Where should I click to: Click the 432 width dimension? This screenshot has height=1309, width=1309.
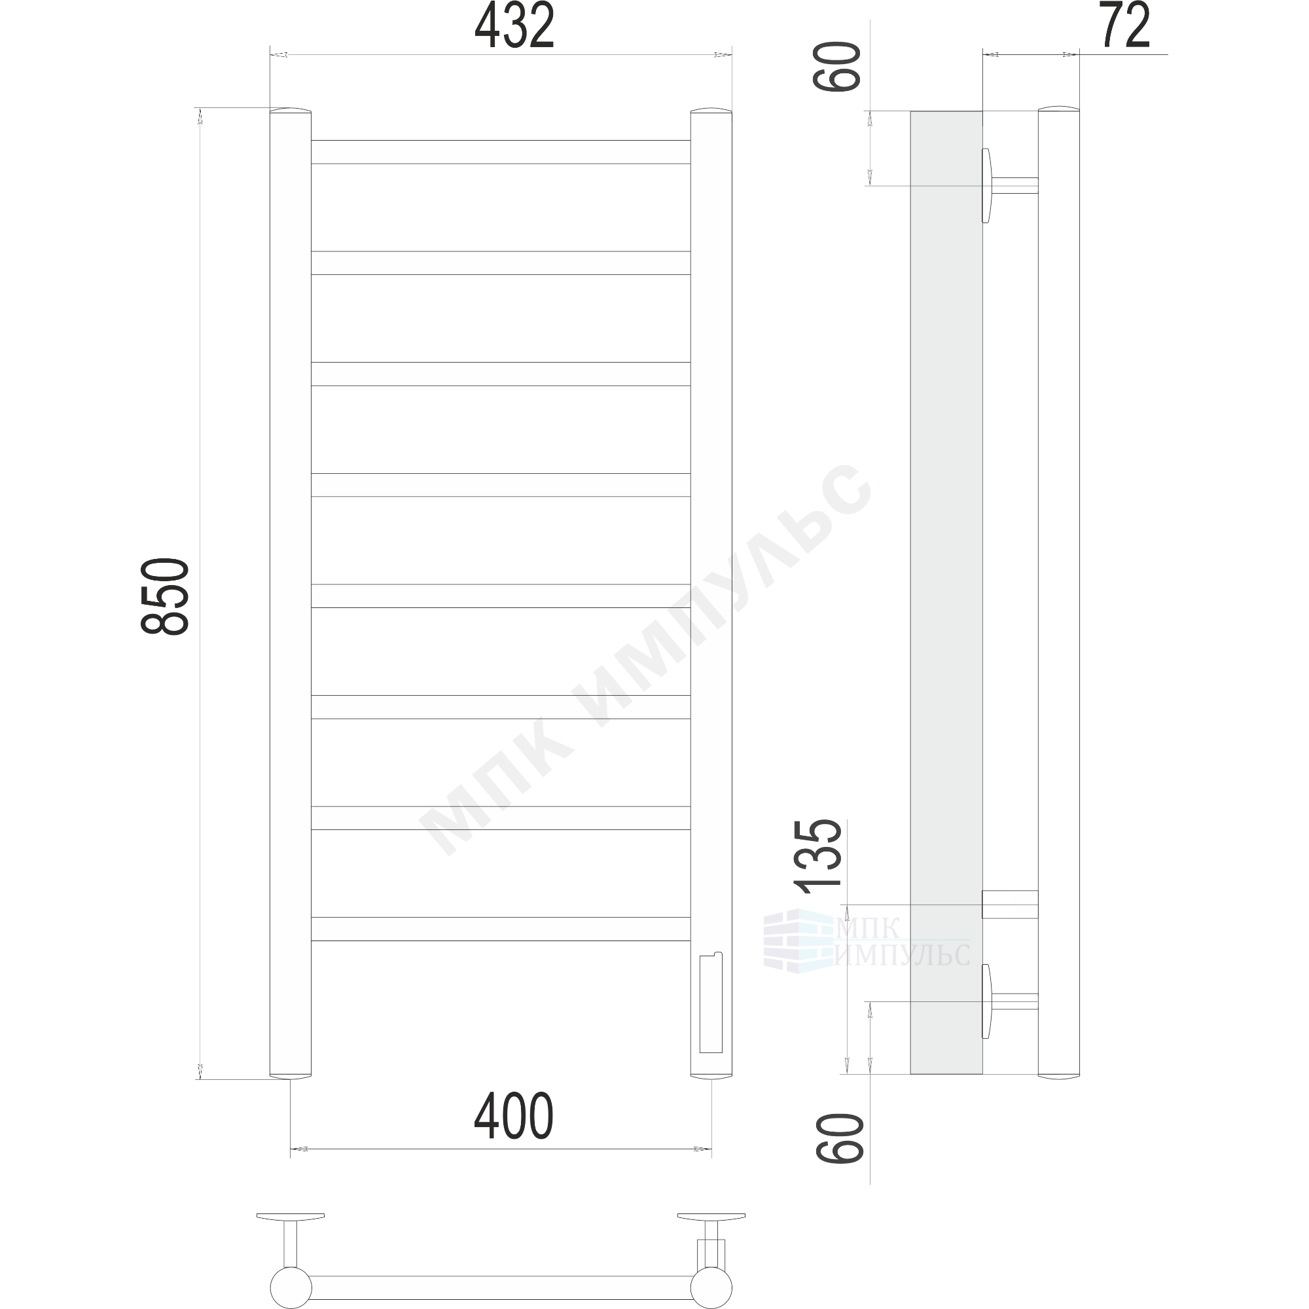(514, 25)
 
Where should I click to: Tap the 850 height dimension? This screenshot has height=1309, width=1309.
(165, 596)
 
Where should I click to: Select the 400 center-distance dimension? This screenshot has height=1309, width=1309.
(514, 1116)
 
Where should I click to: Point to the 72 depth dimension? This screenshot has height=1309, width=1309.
(1125, 25)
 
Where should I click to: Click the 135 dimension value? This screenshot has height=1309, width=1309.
(819, 853)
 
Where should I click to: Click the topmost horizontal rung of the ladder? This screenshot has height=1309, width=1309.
(501, 152)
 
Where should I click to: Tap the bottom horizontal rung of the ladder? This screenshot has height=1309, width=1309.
(501, 929)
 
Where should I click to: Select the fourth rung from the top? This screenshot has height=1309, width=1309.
(501, 485)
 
